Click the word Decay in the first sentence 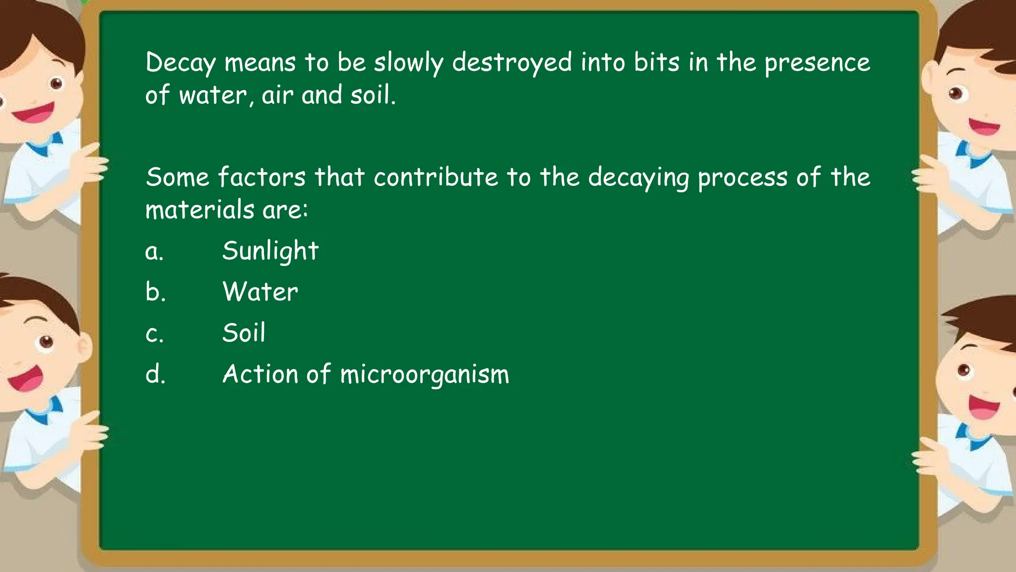coord(181,64)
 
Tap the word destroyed coord(512,64)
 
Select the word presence coord(817,64)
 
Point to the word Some coord(177,177)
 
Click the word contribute coord(436,177)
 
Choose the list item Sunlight coord(270,251)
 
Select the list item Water coord(260,291)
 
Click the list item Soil coord(244,333)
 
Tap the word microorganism coord(425,375)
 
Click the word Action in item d coord(260,374)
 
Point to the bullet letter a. coord(154,252)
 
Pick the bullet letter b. coord(155,291)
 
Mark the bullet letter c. coord(154,334)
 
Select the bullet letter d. coord(155,374)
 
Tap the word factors coord(261,177)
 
